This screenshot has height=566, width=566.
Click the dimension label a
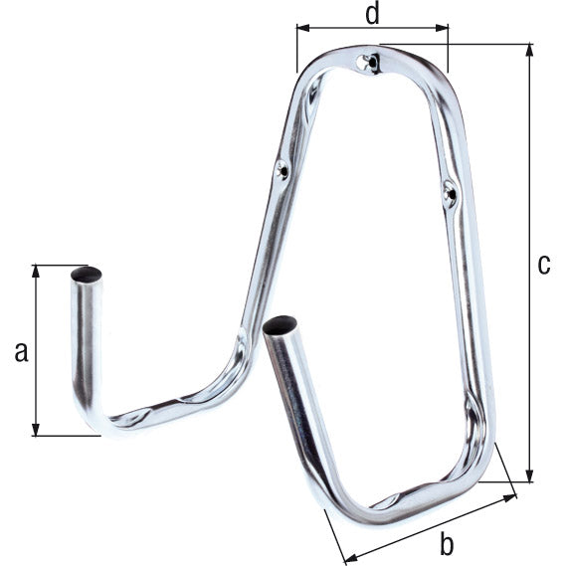(21, 350)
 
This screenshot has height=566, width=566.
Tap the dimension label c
(543, 265)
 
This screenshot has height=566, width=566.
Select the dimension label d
(371, 14)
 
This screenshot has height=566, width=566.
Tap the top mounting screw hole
(371, 63)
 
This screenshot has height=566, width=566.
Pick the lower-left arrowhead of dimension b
(344, 559)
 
